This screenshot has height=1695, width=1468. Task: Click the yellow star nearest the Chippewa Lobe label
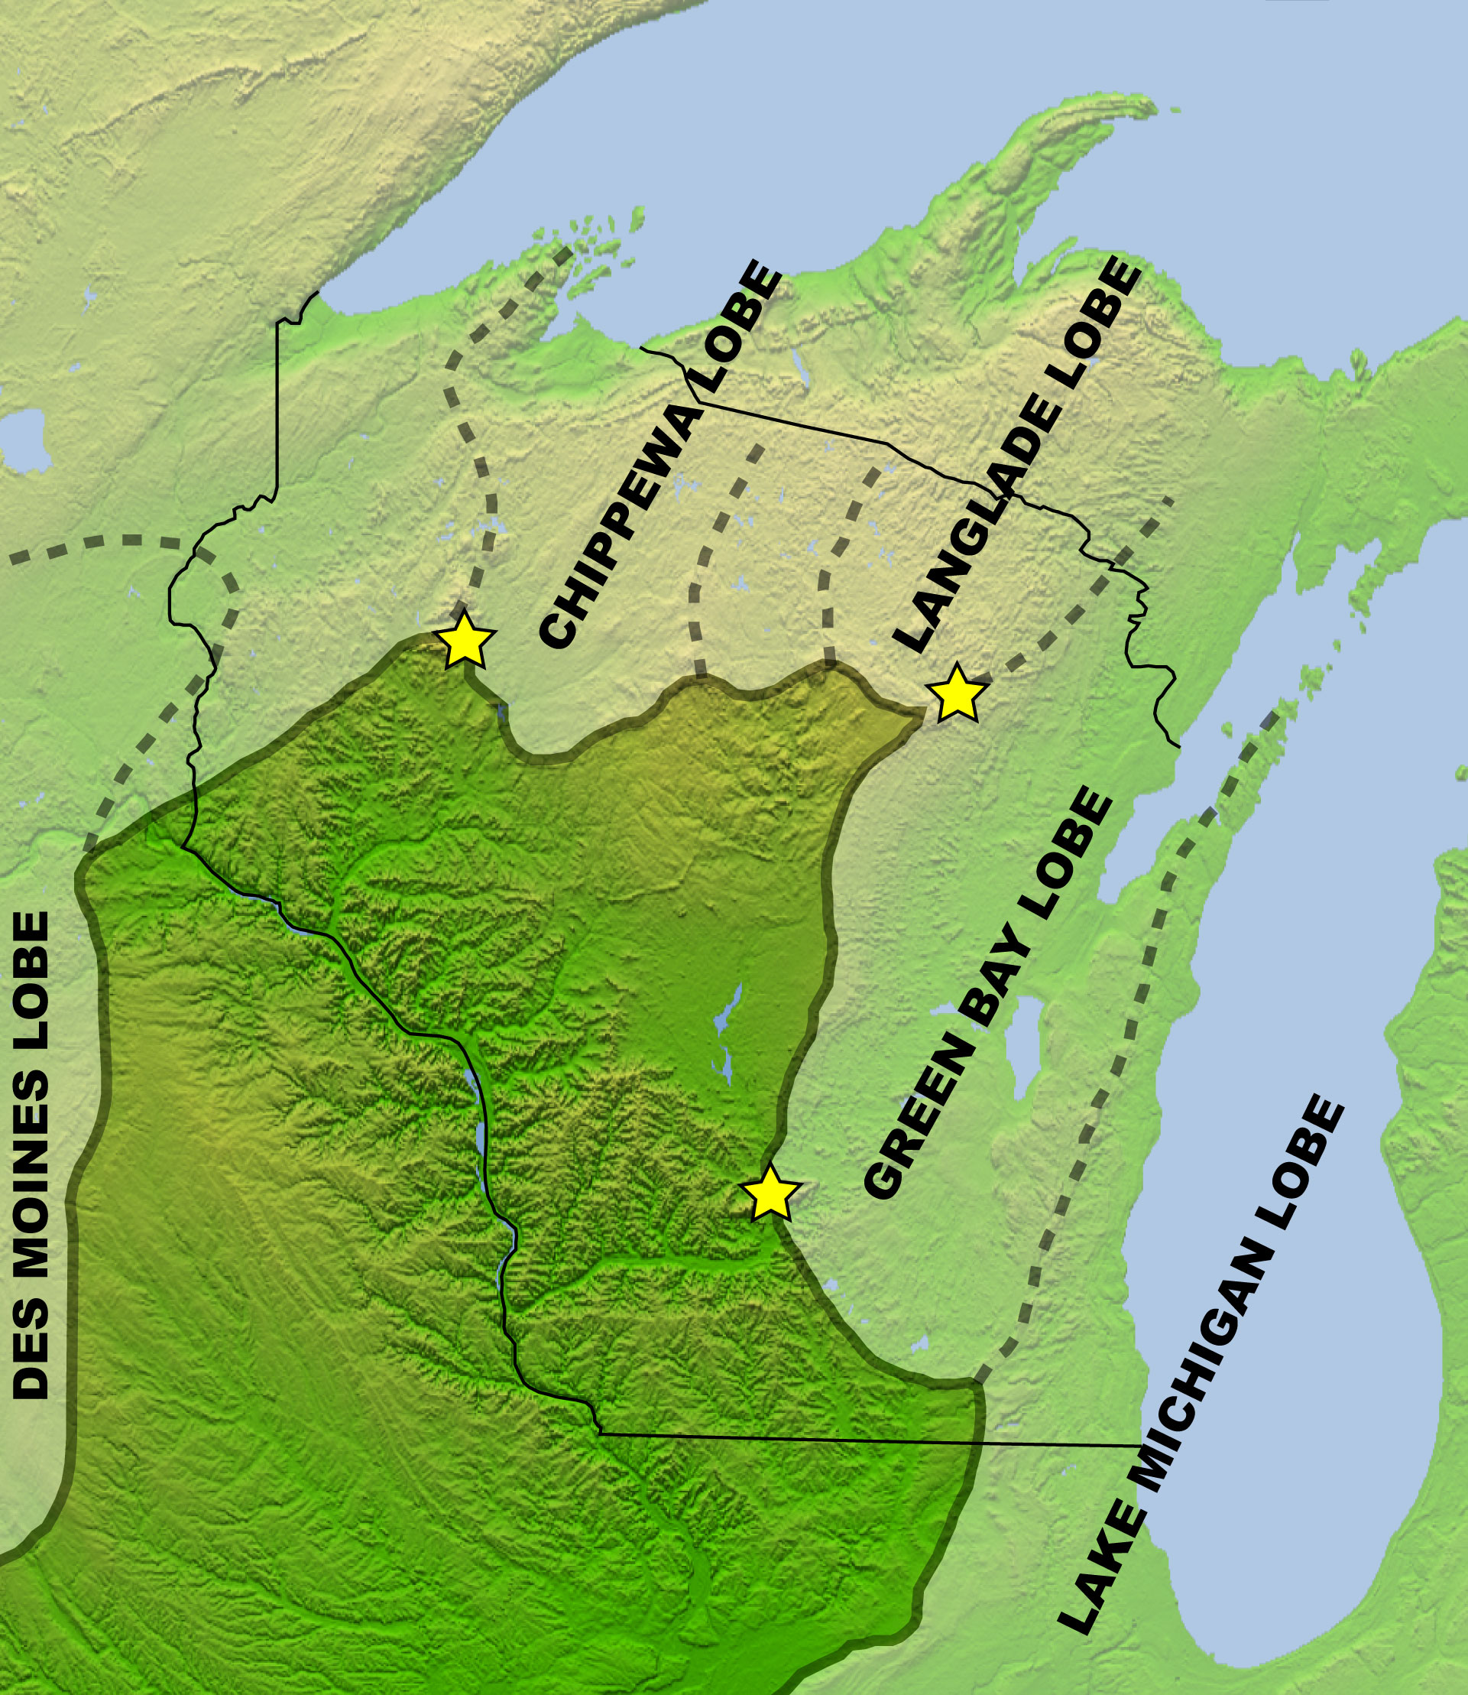465,639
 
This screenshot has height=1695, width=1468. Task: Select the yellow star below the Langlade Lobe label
955,693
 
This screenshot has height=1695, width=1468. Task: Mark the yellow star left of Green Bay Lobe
770,1193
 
